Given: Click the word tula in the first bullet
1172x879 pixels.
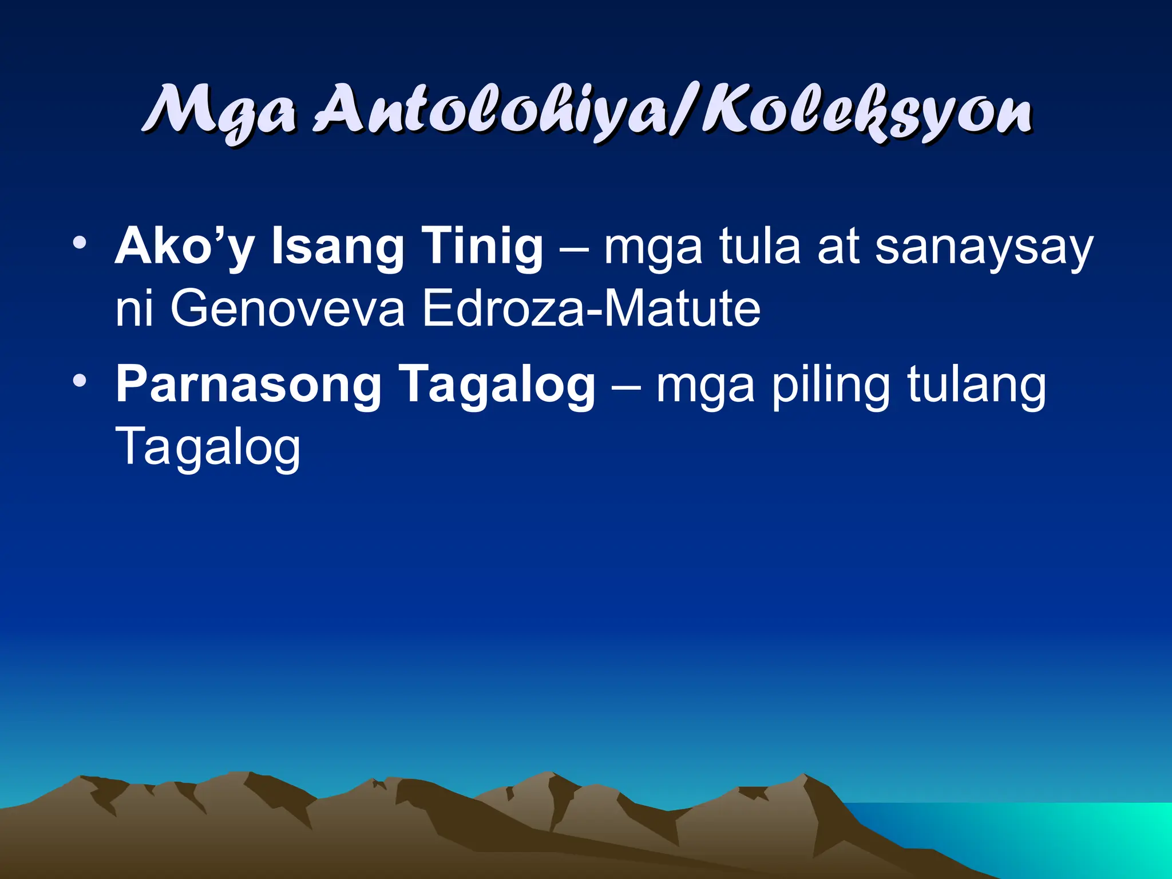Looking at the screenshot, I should click(x=759, y=247).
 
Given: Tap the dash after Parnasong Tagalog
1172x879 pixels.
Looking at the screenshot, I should click(x=625, y=385).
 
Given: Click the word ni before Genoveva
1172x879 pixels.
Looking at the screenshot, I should click(x=134, y=309).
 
